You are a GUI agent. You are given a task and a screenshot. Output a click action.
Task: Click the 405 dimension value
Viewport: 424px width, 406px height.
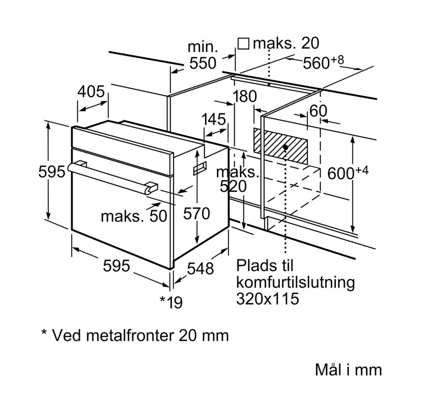(x=91, y=92)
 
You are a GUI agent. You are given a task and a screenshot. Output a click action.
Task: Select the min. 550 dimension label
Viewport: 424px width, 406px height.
(x=203, y=55)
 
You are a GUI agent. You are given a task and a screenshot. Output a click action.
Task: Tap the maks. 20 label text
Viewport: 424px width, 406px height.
(x=286, y=43)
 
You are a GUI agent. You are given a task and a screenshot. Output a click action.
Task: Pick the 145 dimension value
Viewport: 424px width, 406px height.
(x=214, y=119)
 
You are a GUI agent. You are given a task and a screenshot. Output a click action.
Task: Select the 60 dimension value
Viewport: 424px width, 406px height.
(x=318, y=111)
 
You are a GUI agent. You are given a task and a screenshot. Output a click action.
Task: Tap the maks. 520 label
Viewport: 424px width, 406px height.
(x=236, y=179)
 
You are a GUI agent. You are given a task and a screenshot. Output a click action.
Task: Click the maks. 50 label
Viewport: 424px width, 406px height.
(x=134, y=216)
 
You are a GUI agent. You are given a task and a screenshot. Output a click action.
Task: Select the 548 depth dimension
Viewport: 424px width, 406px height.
(x=200, y=268)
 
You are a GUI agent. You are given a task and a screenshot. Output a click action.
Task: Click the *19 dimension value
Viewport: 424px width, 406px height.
(x=171, y=302)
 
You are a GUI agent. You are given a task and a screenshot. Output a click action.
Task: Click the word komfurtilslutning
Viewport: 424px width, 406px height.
(x=295, y=282)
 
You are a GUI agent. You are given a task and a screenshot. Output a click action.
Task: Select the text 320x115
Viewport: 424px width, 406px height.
(x=267, y=299)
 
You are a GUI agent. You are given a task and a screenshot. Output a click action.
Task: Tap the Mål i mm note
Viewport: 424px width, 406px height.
(x=348, y=370)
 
